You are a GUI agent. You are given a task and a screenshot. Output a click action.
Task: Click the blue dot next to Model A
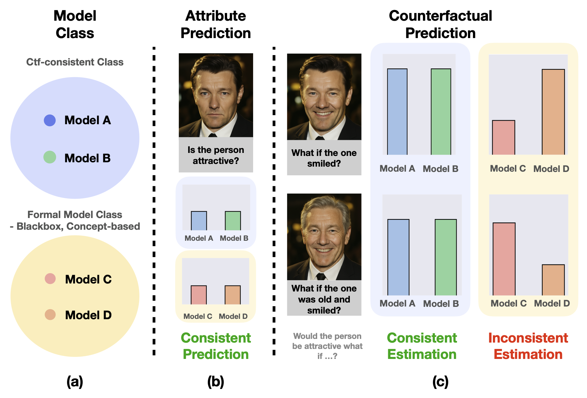pos(50,121)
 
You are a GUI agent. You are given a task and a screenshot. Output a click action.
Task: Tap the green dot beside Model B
pos(50,157)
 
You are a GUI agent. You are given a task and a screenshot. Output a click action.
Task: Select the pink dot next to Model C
pos(50,278)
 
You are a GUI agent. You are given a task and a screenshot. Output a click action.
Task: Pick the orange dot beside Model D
pos(50,315)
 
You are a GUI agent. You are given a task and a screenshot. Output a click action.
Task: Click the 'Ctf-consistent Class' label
pos(75,62)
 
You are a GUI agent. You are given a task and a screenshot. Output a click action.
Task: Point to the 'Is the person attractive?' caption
pos(216,155)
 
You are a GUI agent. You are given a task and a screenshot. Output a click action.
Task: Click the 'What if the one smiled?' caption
pos(324,158)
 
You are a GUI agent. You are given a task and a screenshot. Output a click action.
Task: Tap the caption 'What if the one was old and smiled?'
pos(324,299)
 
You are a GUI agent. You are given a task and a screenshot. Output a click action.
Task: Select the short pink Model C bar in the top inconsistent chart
pos(504,138)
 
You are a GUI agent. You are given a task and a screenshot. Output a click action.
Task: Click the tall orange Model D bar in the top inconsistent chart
pos(553,112)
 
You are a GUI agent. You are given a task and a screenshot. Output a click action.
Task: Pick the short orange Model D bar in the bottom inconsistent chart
pos(553,280)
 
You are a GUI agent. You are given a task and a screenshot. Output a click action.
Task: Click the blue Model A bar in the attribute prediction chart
pos(199,221)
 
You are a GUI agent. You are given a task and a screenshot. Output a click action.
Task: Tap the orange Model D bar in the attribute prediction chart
pos(232,295)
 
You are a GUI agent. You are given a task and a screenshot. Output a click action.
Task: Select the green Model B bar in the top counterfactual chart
pos(441,112)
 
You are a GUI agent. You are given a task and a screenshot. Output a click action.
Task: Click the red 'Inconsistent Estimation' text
pos(528,346)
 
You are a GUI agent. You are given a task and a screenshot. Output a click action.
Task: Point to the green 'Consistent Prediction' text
pos(216,346)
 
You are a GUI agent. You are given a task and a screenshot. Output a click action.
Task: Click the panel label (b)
pos(216,381)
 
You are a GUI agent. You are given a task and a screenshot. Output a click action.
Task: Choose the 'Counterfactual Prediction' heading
pos(440,24)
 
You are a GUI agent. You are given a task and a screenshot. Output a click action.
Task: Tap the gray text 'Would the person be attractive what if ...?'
pos(327,346)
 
